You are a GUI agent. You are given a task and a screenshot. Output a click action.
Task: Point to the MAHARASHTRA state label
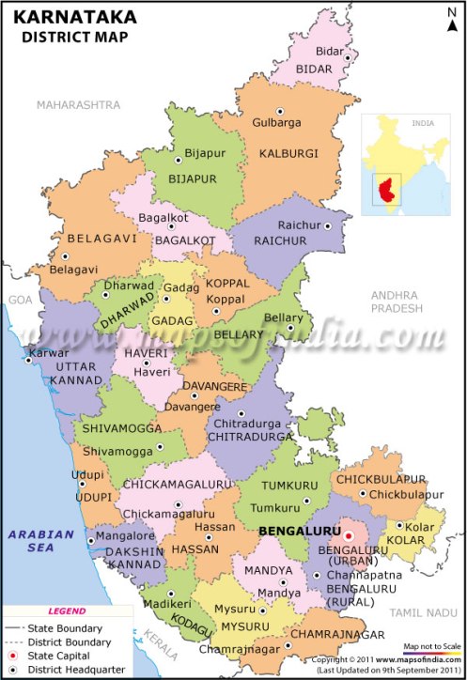click(x=79, y=104)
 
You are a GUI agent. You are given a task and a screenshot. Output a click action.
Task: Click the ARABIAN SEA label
click(x=41, y=541)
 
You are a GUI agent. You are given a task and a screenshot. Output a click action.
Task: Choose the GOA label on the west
click(x=20, y=299)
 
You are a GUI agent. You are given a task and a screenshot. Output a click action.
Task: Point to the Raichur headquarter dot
click(x=328, y=225)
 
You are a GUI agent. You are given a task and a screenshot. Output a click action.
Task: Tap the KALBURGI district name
click(x=288, y=153)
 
